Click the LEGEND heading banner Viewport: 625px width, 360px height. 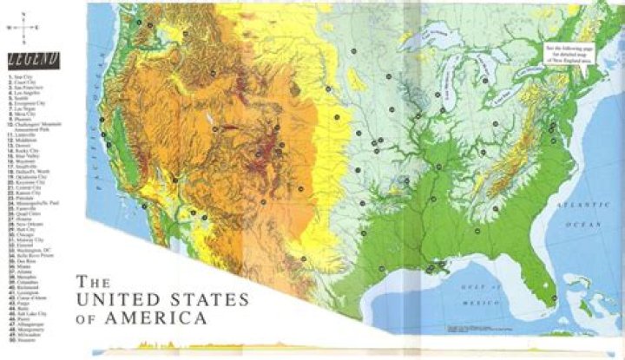click(30, 60)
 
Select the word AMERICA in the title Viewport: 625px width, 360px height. click(162, 319)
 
